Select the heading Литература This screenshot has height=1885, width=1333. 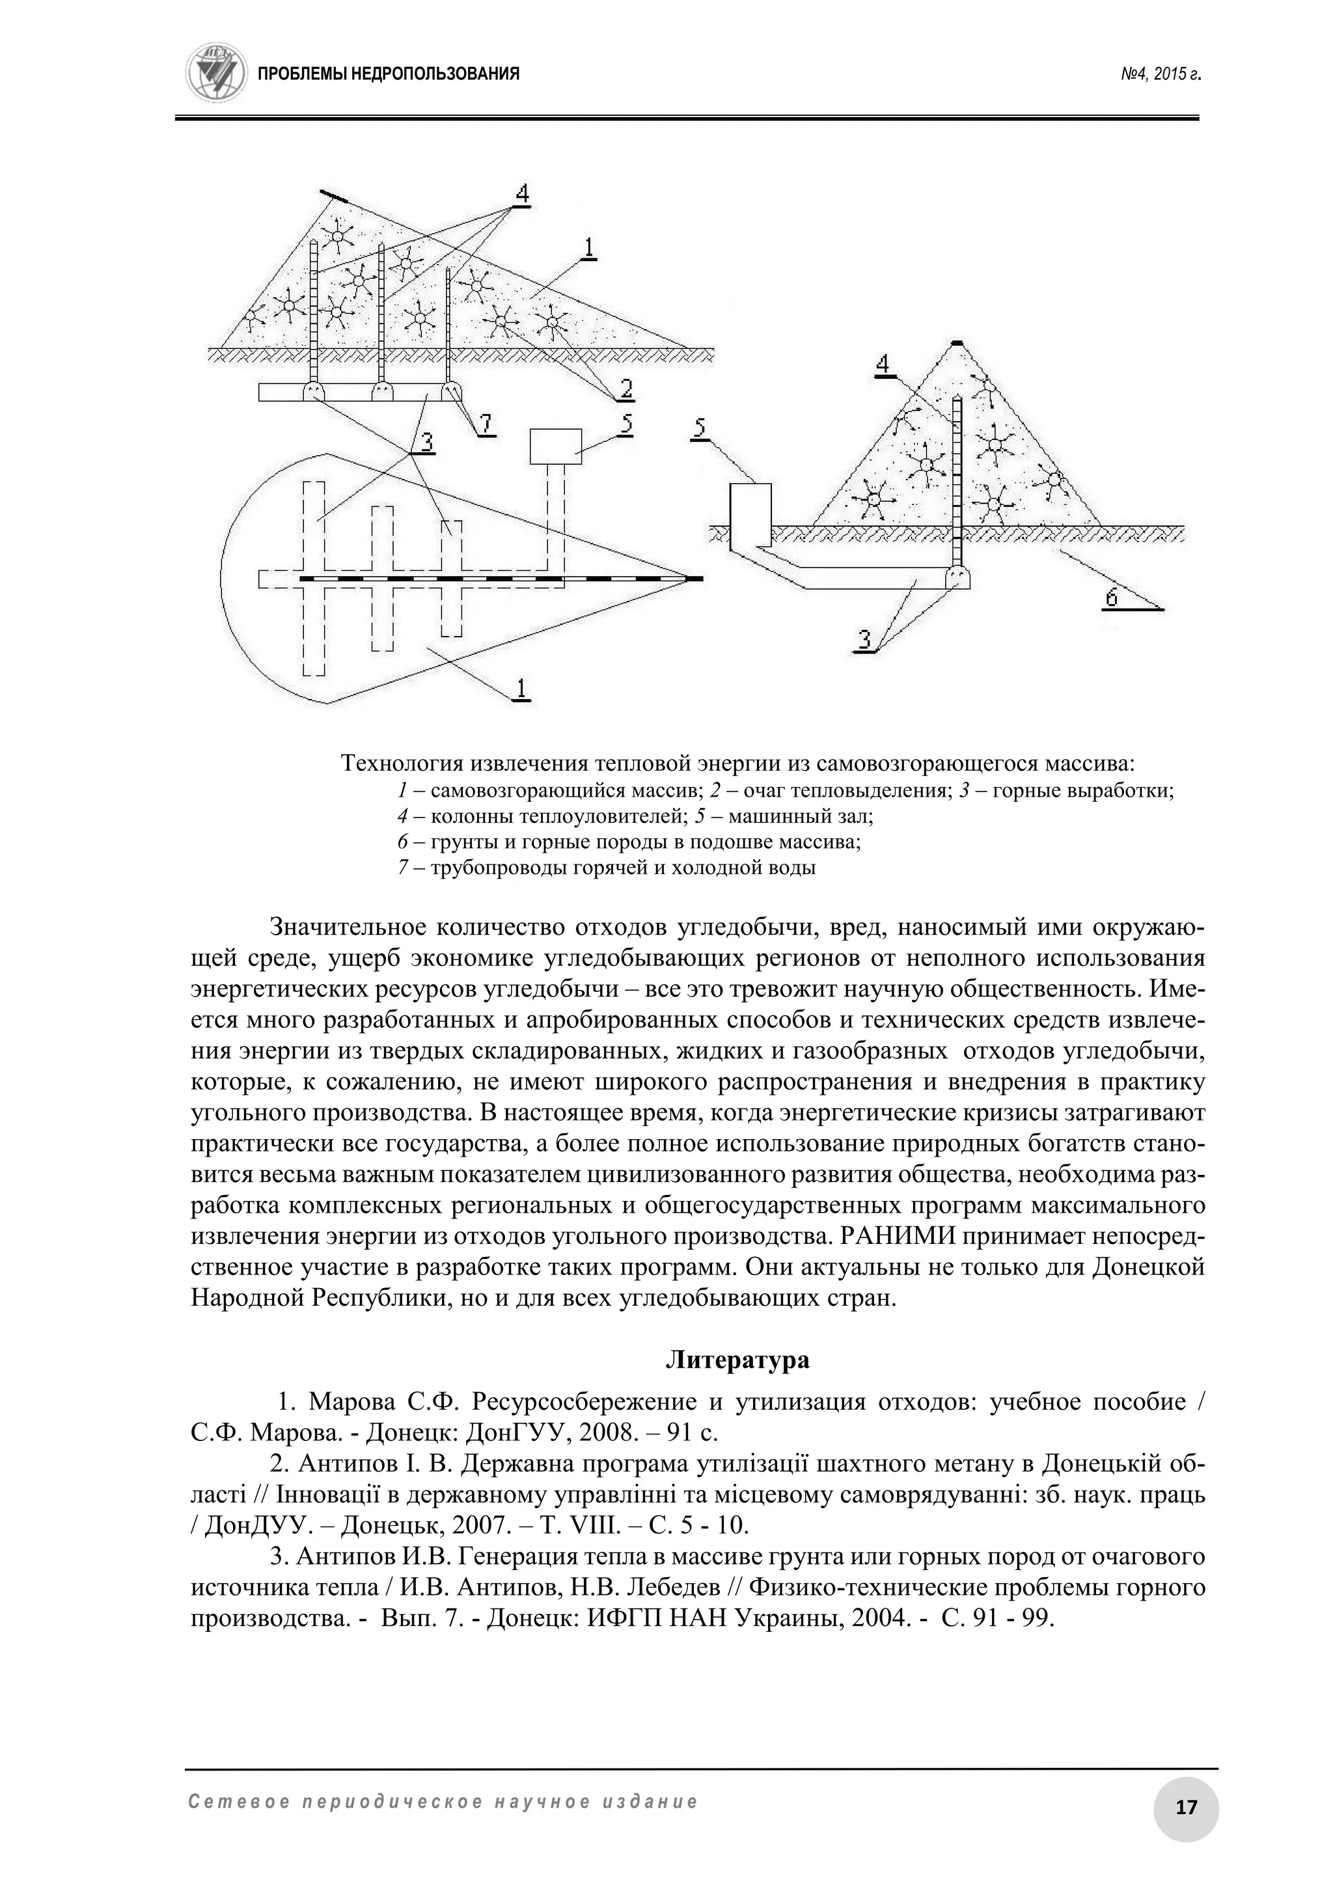tap(736, 1360)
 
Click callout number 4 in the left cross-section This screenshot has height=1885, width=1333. tap(522, 195)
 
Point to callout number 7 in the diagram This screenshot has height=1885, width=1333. tap(486, 424)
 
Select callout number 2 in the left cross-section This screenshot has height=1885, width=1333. tap(626, 387)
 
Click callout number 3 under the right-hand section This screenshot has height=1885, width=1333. tap(864, 639)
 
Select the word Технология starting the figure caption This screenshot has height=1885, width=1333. tap(403, 764)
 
